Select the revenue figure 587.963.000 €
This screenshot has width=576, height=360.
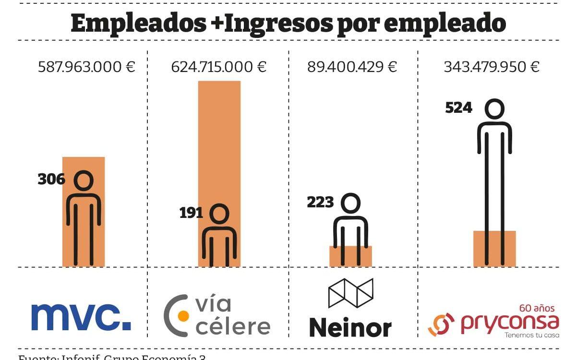click(x=86, y=67)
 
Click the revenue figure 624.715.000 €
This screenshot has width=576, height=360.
click(x=219, y=67)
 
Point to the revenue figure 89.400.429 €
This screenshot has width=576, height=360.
click(x=352, y=67)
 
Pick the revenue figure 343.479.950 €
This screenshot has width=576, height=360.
click(x=491, y=67)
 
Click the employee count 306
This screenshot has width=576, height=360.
click(x=51, y=180)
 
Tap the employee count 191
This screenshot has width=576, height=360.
click(x=191, y=213)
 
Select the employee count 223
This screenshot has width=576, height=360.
click(x=320, y=202)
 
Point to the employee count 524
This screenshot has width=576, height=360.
click(x=458, y=108)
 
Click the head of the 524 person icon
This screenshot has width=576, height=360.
click(x=494, y=109)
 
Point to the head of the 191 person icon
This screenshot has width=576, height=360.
click(x=219, y=214)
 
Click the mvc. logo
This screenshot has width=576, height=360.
click(x=81, y=317)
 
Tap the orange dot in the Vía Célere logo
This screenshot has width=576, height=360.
click(x=183, y=316)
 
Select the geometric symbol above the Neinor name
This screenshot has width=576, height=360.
click(x=350, y=293)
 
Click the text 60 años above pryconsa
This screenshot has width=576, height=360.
click(x=537, y=308)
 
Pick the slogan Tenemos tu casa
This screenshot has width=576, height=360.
click(x=532, y=335)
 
